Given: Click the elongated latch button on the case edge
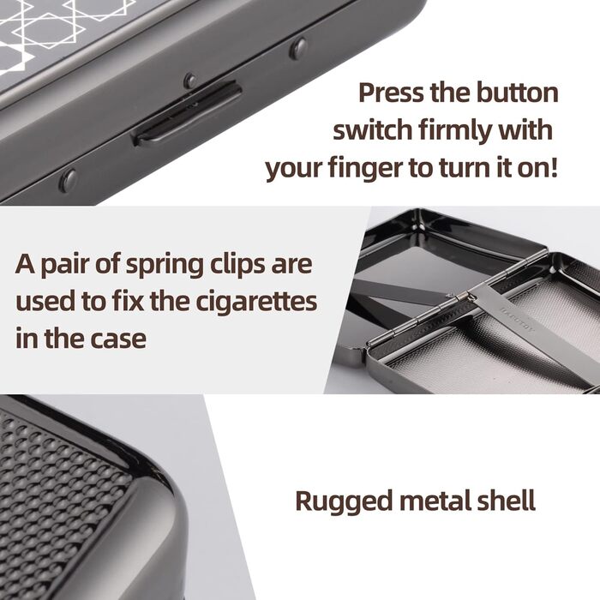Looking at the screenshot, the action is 188,114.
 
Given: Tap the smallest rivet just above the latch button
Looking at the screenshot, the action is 190,81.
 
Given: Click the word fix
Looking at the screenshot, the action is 129,301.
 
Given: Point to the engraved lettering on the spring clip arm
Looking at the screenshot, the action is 517,319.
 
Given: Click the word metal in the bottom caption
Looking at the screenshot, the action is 434,501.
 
